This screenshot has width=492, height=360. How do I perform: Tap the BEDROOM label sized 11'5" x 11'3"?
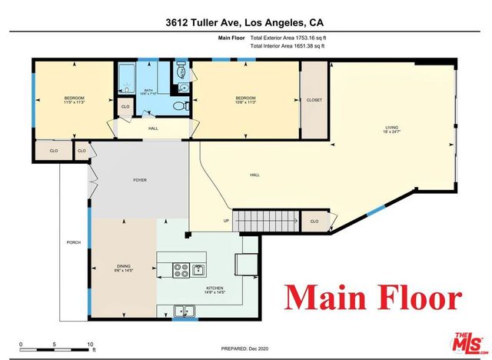point(74,100)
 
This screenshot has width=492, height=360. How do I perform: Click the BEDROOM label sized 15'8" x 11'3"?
point(245,100)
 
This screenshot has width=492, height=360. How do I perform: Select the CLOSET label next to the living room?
point(314,100)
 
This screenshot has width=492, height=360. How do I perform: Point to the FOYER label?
point(140,180)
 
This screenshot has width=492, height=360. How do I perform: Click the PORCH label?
point(74,242)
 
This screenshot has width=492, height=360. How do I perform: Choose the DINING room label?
point(123,268)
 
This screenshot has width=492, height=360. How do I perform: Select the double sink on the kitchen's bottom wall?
point(184,312)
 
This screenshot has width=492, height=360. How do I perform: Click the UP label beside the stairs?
point(225,222)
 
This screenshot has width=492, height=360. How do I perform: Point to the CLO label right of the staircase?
point(314,222)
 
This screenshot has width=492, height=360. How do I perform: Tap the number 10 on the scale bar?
point(91,344)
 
